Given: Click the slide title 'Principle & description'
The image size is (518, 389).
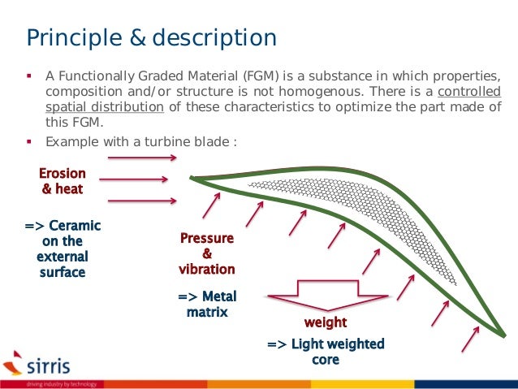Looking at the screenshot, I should tap(152, 37).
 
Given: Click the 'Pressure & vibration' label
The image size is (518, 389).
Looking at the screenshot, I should tap(206, 253).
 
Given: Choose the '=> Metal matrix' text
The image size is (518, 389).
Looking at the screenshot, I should tap(206, 304).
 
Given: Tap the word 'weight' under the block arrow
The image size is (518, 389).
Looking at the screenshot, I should tap(325, 323).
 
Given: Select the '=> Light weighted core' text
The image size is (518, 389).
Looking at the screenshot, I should tap(325, 352).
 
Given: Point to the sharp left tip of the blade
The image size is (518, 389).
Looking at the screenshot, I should tap(192, 178).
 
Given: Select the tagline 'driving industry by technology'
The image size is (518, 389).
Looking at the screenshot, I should tap(61, 383).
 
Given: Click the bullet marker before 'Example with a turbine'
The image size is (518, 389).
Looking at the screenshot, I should tap(29, 141).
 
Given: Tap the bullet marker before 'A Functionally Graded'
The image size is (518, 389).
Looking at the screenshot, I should tap(29, 76).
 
